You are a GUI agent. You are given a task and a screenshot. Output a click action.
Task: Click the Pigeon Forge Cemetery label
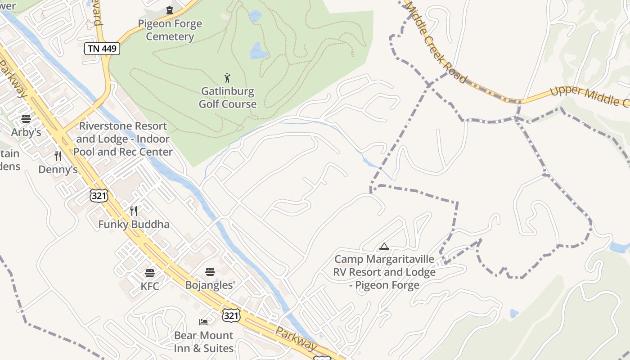pos(170,30)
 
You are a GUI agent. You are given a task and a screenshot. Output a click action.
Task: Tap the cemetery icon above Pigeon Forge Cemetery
pos(170,10)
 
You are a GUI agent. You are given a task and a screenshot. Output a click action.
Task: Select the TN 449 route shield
pos(102,49)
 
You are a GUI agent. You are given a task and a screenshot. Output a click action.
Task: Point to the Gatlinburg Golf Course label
pos(228,98)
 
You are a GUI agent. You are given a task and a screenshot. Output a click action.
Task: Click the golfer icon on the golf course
pos(227,78)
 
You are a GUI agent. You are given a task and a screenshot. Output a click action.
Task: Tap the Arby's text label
pos(26,132)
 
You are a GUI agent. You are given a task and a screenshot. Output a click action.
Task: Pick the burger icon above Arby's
pos(26,119)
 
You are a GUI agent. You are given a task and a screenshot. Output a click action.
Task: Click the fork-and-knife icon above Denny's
pos(58,156)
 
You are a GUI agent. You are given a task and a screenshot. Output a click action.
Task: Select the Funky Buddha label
pos(134,224)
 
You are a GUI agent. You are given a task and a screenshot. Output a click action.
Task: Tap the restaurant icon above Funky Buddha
pos(134,211)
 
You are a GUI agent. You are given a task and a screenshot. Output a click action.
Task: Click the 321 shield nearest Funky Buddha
pos(99,195)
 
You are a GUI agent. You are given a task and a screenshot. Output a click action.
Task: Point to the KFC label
pos(150,286)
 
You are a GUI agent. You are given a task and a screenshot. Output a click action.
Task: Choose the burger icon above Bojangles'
pos(210,271)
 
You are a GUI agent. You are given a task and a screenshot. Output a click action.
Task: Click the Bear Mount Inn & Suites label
pos(204,342)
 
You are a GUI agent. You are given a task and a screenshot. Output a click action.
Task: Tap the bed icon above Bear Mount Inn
pos(203,322)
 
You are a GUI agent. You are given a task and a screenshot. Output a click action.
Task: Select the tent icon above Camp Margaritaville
pos(384,246)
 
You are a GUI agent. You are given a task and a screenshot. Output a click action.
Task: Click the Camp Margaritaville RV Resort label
pos(384,272)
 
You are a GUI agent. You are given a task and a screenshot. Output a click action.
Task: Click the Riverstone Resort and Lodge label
pos(123,139)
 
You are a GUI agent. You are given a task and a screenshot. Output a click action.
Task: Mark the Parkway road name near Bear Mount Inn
pos(296,339)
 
